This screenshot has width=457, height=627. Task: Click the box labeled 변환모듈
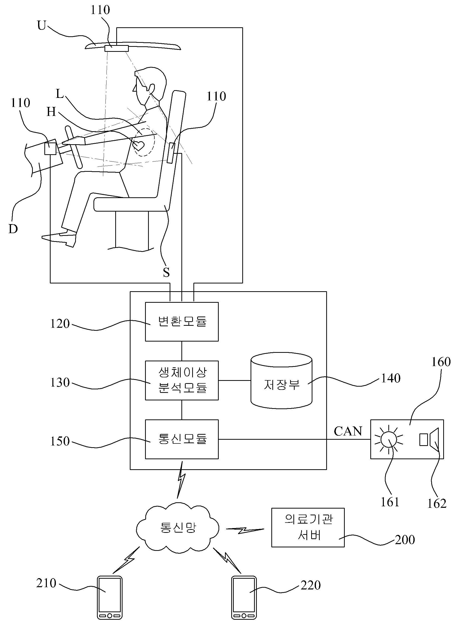(182, 322)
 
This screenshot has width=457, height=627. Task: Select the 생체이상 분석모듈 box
(182, 380)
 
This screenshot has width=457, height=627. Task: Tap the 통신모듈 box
(182, 439)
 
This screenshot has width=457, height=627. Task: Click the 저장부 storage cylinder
(281, 380)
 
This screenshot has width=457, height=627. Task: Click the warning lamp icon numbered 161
(388, 439)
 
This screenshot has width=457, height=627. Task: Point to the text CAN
(348, 431)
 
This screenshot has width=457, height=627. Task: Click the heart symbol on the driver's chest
(138, 145)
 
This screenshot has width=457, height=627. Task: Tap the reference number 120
(60, 324)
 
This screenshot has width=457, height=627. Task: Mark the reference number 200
(405, 539)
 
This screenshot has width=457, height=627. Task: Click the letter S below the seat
(166, 273)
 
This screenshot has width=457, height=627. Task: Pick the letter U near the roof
(42, 26)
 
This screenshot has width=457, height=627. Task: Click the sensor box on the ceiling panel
(117, 48)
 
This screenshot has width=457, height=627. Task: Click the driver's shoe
(59, 239)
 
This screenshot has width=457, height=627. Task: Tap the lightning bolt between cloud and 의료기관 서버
(245, 530)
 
